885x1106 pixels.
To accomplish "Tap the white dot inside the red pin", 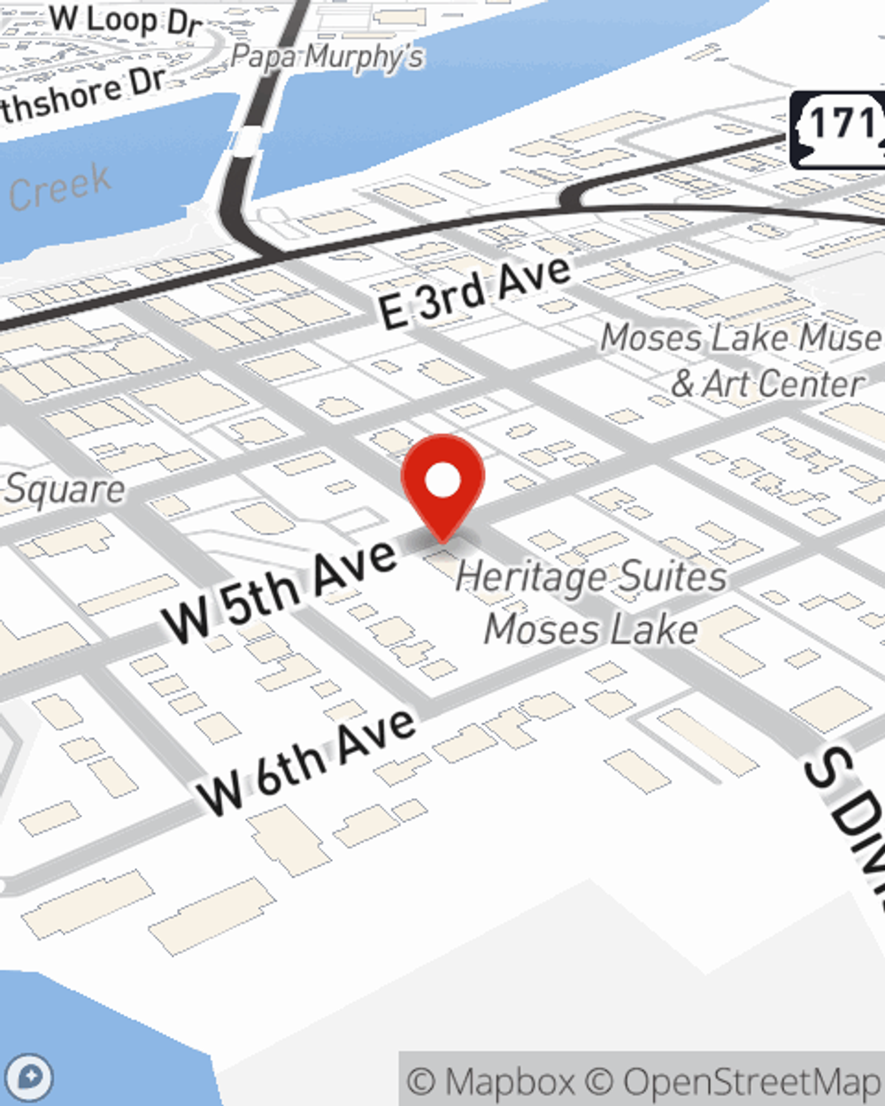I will (x=442, y=480).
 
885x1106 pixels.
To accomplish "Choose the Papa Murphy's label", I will (x=327, y=58).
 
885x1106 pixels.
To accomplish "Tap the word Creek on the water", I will (x=61, y=188).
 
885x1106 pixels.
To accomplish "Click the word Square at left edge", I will (x=64, y=489).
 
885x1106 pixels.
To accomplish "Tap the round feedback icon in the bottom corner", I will (x=30, y=1079).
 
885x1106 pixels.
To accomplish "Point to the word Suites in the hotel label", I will (x=672, y=577).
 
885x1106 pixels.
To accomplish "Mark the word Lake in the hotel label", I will (x=658, y=629).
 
